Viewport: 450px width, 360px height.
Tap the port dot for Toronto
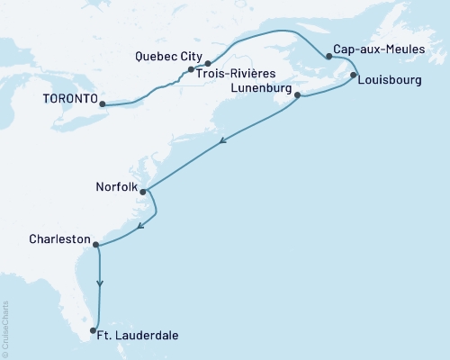pyautogui.click(x=102, y=104)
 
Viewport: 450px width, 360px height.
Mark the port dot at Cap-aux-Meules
pyautogui.click(x=328, y=57)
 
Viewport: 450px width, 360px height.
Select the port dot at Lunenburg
pyautogui.click(x=297, y=95)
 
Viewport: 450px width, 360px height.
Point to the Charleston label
pyautogui.click(x=59, y=239)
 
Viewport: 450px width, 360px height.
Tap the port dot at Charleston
pyautogui.click(x=95, y=243)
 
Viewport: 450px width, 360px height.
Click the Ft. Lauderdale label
pyautogui.click(x=140, y=336)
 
